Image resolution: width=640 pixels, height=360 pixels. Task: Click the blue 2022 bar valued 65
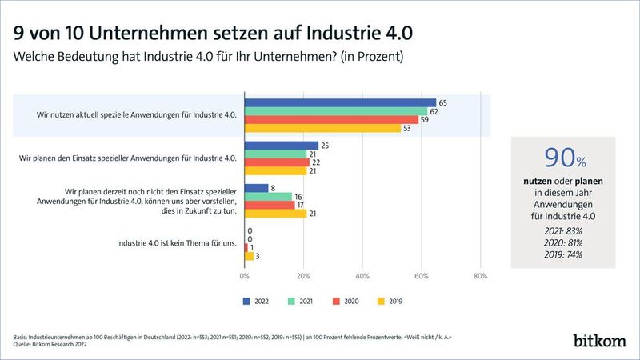point(340,102)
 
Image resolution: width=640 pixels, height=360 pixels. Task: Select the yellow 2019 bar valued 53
point(322,128)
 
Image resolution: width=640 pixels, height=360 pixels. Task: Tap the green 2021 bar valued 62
point(335,111)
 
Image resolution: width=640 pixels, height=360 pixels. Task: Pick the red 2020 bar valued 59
point(331,119)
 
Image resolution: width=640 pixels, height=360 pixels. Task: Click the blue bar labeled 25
point(281,146)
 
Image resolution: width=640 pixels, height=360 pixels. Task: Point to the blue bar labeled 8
point(256,188)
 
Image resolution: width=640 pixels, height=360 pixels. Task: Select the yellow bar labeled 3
point(249,256)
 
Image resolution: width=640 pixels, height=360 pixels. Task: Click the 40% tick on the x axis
point(362,276)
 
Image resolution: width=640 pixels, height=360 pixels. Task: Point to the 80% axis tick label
point(480,276)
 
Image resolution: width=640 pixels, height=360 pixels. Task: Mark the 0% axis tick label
point(244,276)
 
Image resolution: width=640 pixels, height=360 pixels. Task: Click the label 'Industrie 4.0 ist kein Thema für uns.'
point(176,243)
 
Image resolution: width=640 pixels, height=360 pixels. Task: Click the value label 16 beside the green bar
point(298,196)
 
